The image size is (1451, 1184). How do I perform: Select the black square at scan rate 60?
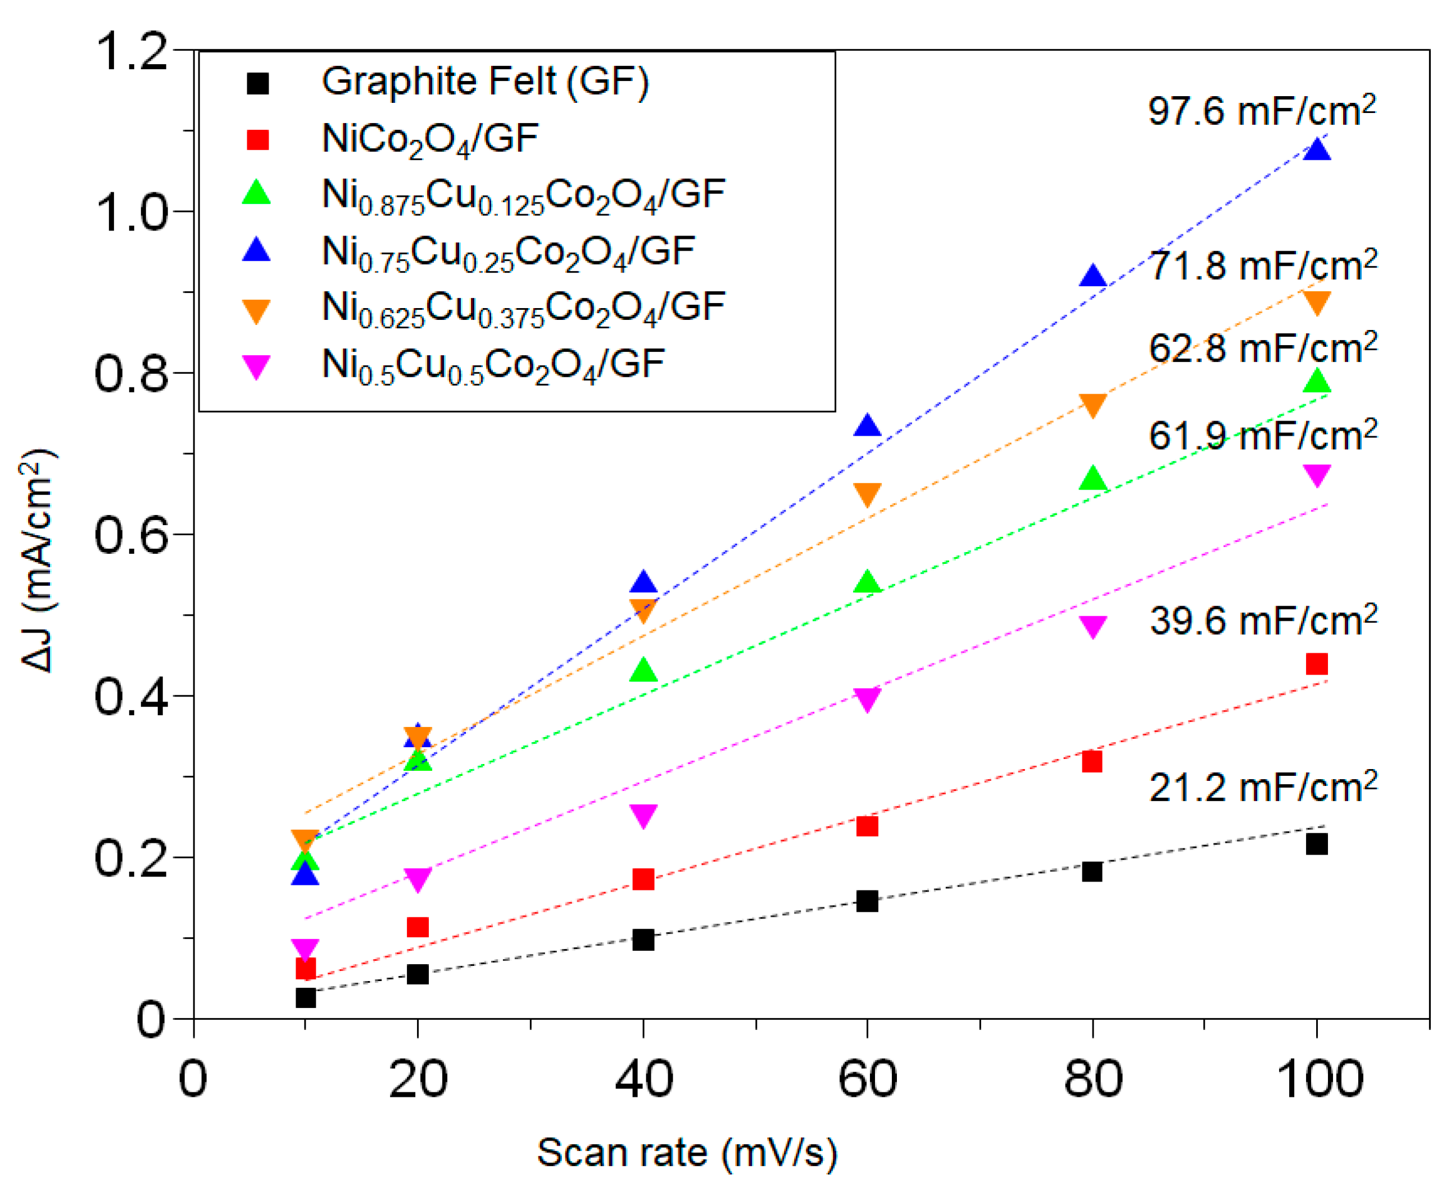(867, 901)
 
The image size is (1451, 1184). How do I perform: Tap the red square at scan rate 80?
(1092, 761)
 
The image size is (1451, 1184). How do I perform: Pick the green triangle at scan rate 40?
(643, 671)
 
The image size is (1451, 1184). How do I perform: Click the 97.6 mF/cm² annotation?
(1262, 111)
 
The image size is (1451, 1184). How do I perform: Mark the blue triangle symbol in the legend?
(256, 250)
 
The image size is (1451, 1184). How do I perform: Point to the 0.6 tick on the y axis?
(130, 535)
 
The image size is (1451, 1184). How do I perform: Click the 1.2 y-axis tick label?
(130, 52)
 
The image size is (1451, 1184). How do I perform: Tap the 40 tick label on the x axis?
(643, 1079)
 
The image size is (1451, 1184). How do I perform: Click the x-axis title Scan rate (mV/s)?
(687, 1153)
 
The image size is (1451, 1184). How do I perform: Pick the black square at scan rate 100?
(1316, 844)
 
